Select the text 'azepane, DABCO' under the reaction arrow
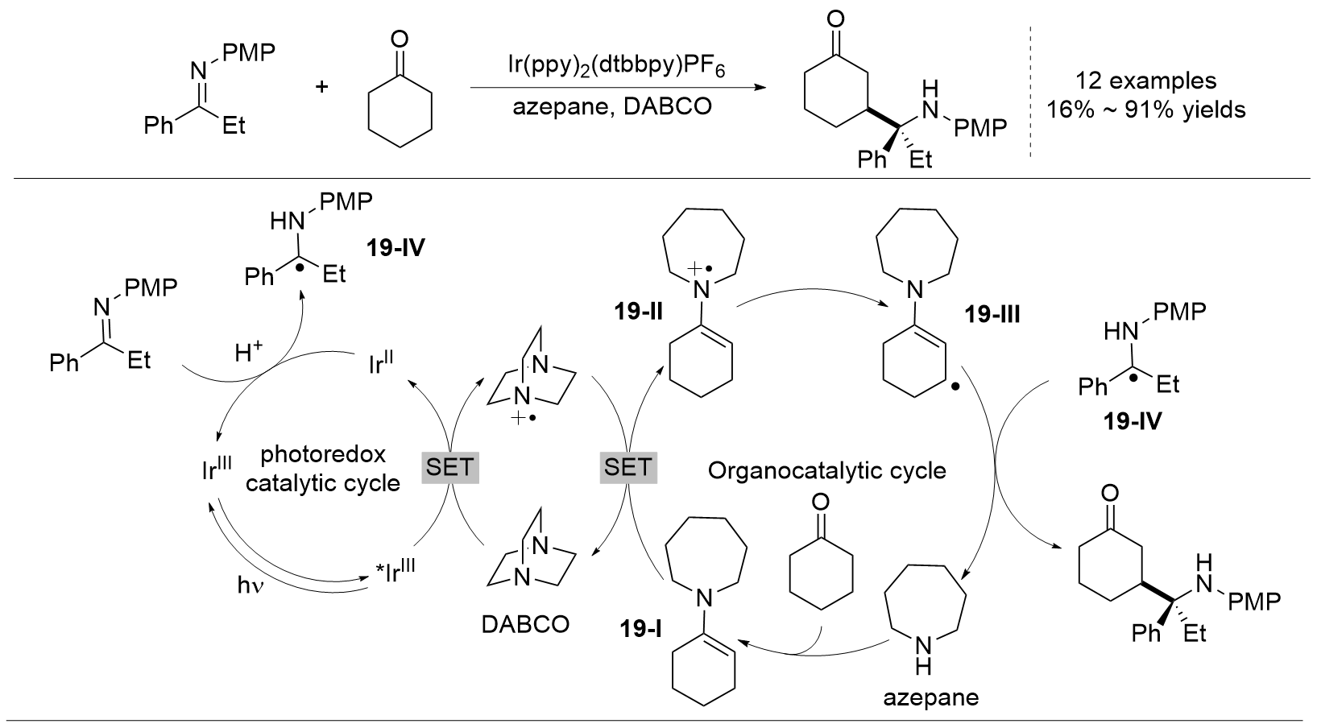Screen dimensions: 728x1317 [x=611, y=105]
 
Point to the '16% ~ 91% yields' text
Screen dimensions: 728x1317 [x=1146, y=110]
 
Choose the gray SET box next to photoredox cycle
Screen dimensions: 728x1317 [x=450, y=467]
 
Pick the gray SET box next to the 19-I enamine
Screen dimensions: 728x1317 [x=627, y=467]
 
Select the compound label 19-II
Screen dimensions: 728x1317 [x=636, y=309]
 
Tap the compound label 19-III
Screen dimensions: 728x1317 [x=992, y=315]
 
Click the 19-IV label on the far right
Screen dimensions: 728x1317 [x=1132, y=420]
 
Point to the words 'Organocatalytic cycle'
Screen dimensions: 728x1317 [x=827, y=469]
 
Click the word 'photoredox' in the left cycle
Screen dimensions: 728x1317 [x=323, y=454]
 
